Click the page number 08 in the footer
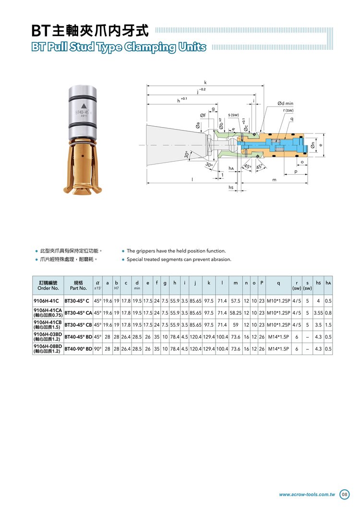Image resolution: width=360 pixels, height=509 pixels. pos(344,495)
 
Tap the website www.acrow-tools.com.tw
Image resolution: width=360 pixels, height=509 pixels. pos(307,495)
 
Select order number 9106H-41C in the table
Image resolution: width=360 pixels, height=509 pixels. pos(46,301)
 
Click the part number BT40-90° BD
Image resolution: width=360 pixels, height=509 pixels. pos(78,349)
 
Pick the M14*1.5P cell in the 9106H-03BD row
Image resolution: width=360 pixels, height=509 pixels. pos(278,337)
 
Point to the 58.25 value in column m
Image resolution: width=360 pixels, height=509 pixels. pos(236,313)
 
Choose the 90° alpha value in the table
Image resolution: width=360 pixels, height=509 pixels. pos(97,349)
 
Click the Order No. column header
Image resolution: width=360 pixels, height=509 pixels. pos(48,288)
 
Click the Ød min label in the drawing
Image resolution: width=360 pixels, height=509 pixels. pos(285,103)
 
